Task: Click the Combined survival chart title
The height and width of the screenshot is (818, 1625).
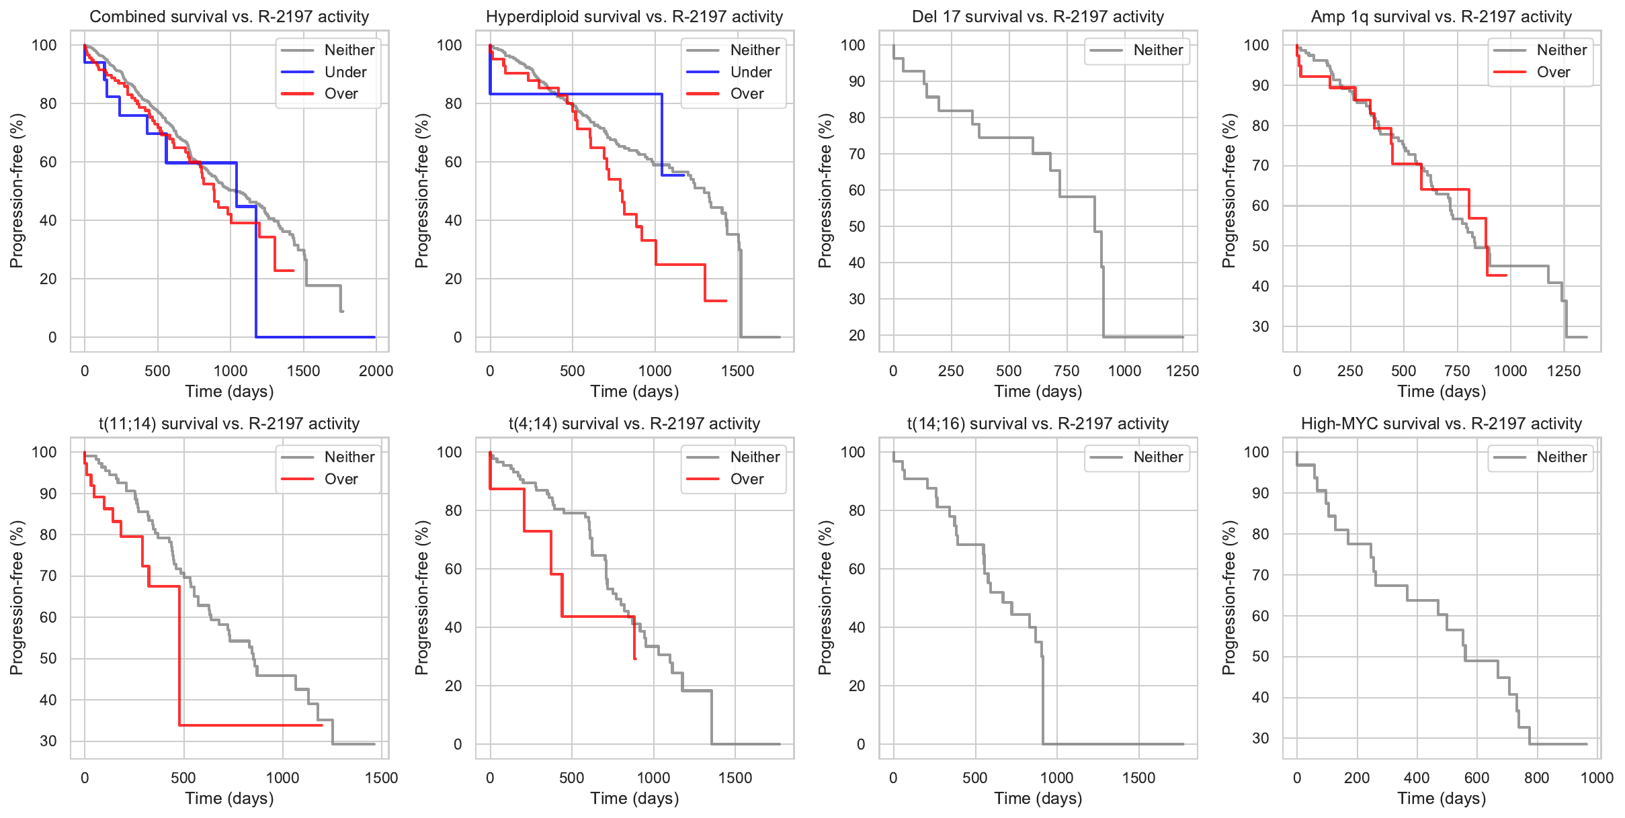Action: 229,17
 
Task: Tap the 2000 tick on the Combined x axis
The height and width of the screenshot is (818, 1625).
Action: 376,371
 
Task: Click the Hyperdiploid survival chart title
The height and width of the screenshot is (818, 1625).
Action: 634,17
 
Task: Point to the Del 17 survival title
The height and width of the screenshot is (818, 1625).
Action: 1038,17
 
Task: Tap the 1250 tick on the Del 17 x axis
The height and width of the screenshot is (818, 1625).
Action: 1182,371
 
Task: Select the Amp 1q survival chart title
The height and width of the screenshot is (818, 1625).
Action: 1442,17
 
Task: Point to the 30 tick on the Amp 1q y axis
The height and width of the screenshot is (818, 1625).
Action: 1260,326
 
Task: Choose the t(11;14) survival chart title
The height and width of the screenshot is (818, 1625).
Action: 229,424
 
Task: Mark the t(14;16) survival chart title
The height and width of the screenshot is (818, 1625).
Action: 1038,424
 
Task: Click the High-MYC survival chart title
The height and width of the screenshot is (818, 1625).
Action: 1442,424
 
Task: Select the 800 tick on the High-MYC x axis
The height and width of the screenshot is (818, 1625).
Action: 1536,778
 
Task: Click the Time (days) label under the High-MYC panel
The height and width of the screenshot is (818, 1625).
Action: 1442,799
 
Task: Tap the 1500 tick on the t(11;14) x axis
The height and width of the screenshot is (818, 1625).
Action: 381,778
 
